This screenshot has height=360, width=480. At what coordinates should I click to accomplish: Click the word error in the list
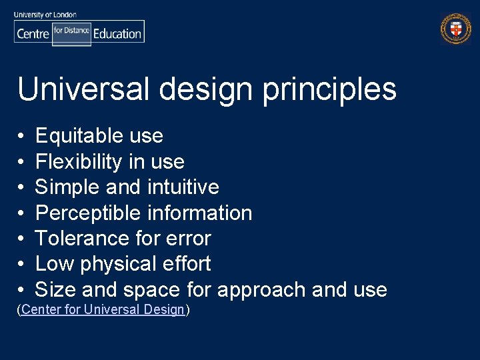190,239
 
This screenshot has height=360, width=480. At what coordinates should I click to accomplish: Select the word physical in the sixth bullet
122,265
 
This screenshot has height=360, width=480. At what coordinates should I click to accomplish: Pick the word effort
189,264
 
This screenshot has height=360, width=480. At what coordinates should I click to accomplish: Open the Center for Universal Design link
103,310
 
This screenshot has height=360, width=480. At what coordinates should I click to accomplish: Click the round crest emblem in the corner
455,29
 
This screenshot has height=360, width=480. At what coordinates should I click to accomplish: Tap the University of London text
45,14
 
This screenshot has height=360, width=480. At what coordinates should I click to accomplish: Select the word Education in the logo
117,33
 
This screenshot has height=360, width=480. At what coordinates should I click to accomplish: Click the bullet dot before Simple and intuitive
22,188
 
